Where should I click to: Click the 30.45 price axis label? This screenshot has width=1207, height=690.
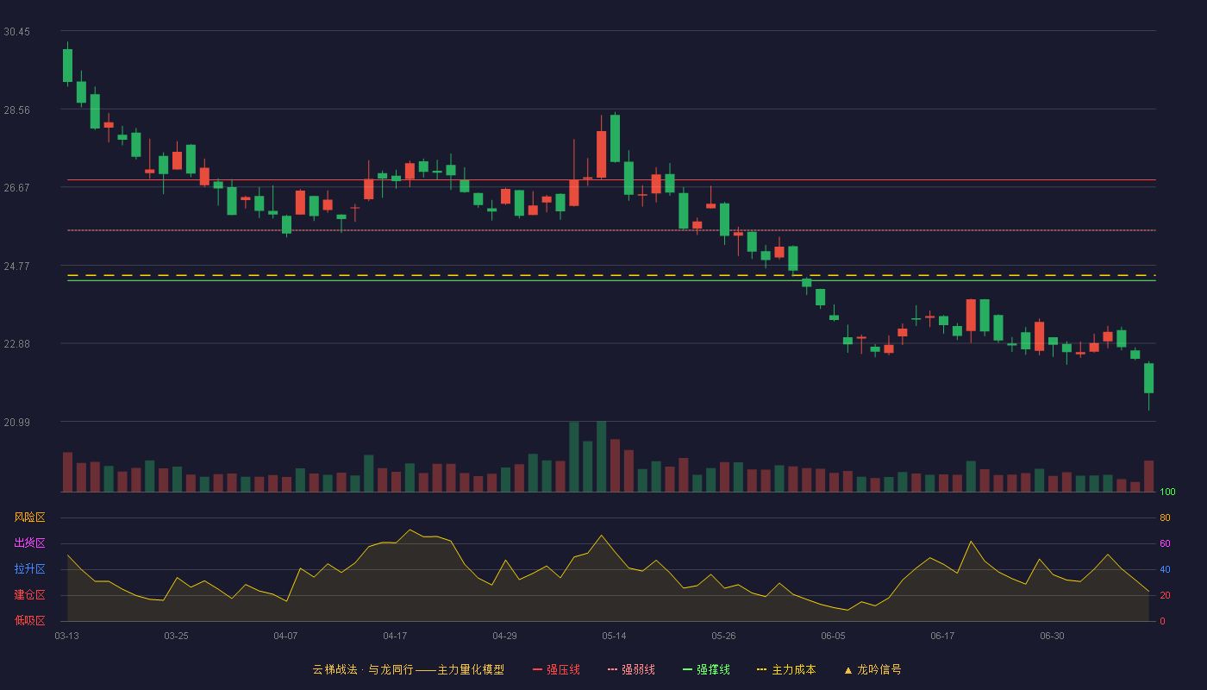16,32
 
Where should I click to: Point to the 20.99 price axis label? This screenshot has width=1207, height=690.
16,422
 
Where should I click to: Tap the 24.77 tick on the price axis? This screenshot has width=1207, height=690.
16,267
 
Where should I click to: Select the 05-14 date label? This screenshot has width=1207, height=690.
614,637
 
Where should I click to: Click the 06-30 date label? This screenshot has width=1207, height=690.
1052,637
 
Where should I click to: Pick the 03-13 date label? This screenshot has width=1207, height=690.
67,637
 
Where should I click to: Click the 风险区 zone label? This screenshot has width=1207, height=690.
29,517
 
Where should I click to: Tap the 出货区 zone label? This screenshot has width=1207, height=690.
29,543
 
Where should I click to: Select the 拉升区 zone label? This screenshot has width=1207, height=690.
29,568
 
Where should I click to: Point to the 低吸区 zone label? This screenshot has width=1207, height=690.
29,620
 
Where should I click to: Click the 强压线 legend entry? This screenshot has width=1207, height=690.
556,669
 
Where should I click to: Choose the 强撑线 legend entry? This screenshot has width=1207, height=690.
706,669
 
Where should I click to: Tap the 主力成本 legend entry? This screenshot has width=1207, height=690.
786,669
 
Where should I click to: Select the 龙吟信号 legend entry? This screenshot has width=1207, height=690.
872,669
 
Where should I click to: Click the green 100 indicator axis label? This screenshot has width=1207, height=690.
1167,492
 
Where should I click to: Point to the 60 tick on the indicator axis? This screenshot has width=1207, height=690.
1165,543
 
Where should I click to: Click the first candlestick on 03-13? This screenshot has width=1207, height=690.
67,66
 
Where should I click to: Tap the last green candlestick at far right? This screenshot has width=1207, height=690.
1148,378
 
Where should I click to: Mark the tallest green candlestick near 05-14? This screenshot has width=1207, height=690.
615,139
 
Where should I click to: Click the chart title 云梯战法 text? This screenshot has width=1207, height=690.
335,669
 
